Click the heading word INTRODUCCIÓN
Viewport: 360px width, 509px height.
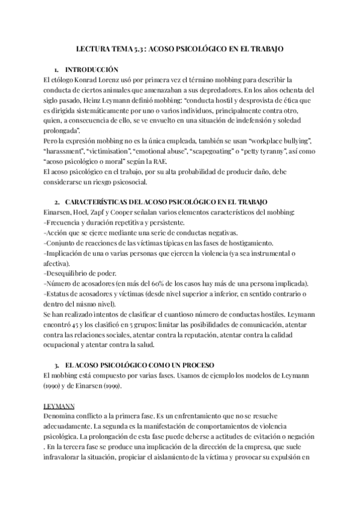tap(92, 69)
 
